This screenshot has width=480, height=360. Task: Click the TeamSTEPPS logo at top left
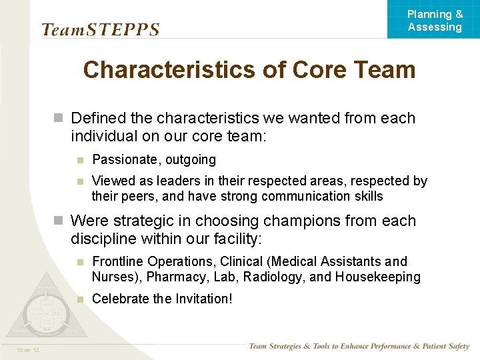(100, 30)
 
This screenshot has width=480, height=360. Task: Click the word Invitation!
(204, 299)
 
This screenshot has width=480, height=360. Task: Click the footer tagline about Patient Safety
(359, 346)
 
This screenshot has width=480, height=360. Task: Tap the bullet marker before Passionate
(79, 160)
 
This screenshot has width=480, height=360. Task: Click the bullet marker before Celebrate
(79, 299)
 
